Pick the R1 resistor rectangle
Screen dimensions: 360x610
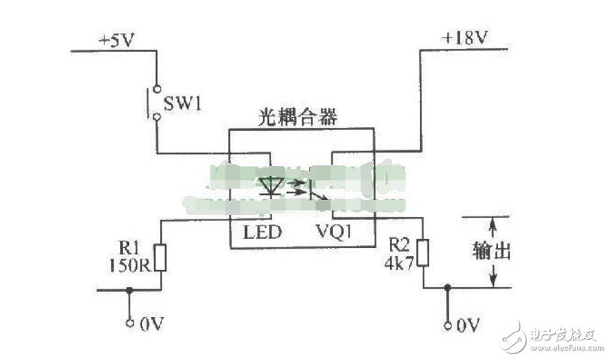coord(160,257)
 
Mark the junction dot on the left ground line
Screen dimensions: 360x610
coord(130,289)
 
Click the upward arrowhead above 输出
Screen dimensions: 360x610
coord(493,222)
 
